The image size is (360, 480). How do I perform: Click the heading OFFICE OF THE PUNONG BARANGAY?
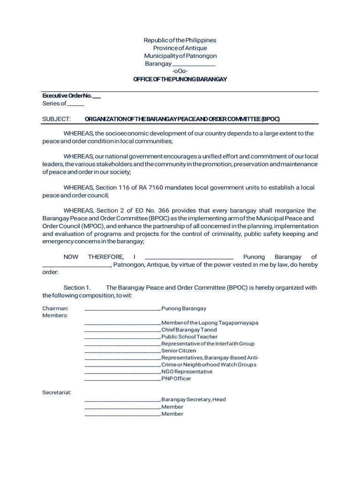[180, 79]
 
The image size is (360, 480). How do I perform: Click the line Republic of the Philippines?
[180, 41]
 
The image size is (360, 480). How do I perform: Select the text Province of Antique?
[180, 48]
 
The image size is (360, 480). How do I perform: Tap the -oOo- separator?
[180, 71]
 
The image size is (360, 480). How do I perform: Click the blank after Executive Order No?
[97, 97]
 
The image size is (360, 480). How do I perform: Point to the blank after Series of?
[76, 104]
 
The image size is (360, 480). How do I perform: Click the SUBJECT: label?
[56, 119]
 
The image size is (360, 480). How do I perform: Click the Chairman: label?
[55, 308]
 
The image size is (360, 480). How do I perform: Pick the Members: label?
[55, 315]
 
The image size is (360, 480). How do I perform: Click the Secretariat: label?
[57, 392]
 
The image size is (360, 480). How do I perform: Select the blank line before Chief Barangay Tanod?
[122, 330]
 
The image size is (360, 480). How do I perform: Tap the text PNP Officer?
[176, 379]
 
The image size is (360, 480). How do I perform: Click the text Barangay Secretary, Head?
[194, 400]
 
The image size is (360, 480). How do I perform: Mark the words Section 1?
[76, 287]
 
